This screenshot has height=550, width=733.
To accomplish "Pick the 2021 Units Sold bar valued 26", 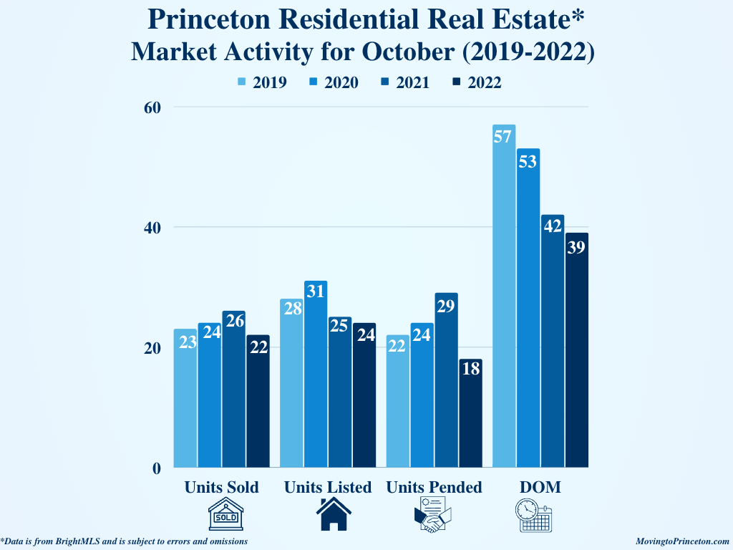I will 233,390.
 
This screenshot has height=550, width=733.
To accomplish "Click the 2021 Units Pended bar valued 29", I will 446,380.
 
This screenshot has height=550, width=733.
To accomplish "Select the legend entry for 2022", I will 477,82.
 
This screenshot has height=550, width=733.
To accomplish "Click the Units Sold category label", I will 221,488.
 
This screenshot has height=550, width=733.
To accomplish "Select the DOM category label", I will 540,488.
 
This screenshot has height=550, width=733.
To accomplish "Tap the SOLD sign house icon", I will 225,515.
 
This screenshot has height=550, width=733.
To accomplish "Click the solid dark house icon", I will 334,515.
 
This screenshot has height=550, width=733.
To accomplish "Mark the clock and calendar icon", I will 534,515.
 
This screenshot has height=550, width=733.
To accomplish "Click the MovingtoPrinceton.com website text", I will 682,541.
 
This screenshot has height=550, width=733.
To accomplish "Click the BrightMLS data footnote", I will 125,541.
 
